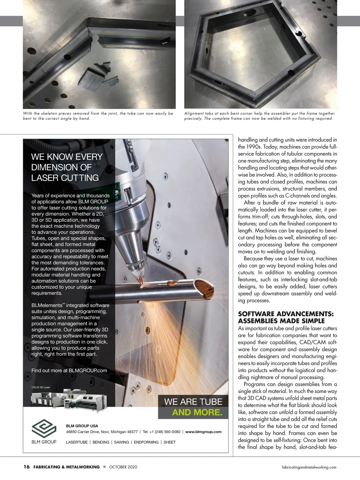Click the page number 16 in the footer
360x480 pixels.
click(27, 467)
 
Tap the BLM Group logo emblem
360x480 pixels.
click(44, 429)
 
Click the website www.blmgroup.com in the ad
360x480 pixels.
click(203, 432)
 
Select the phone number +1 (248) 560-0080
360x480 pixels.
click(162, 432)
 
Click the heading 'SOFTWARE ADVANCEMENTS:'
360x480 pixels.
click(286, 314)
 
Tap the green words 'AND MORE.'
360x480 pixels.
click(197, 412)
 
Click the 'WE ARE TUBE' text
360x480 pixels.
click(193, 401)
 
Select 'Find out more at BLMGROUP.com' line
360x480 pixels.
click(69, 370)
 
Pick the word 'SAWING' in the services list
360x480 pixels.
click(121, 442)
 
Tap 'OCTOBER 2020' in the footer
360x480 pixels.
click(123, 467)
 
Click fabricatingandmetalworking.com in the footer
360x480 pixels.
click(309, 467)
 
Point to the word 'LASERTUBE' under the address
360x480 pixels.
click(77, 442)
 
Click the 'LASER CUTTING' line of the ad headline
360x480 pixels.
click(65, 178)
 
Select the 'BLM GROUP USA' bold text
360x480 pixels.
click(82, 426)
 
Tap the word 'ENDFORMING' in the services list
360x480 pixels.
click(146, 442)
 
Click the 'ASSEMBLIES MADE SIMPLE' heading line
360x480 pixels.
click(281, 321)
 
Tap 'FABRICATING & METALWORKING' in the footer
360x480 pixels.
click(67, 467)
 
